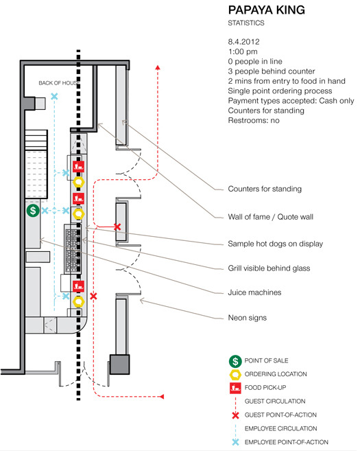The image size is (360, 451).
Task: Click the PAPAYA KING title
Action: (x=266, y=10)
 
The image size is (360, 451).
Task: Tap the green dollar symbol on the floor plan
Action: (x=33, y=211)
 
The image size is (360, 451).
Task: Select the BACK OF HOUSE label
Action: (x=59, y=83)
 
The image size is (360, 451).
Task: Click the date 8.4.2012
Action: (x=243, y=42)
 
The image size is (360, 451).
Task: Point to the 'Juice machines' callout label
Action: (x=254, y=292)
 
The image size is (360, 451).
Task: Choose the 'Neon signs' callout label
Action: (x=248, y=318)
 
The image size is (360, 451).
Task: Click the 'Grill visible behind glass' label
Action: (x=269, y=268)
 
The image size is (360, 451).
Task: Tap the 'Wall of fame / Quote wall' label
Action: (x=270, y=217)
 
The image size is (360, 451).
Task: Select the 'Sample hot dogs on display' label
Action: (x=275, y=244)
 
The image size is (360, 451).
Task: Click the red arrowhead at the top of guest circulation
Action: (x=158, y=67)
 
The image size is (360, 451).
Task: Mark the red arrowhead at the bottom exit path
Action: (x=162, y=397)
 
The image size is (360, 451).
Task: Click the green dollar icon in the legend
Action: (x=235, y=361)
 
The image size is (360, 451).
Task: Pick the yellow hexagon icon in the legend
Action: (x=235, y=375)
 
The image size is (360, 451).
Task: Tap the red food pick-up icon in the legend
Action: (x=235, y=388)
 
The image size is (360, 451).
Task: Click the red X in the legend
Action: (x=235, y=415)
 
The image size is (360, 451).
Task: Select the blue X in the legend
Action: (x=235, y=442)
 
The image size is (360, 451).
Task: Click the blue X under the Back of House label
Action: (x=54, y=96)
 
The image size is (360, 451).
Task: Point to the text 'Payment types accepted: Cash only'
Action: (x=291, y=101)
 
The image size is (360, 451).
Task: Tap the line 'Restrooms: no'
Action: (x=254, y=120)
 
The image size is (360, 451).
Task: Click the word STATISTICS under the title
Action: (x=246, y=23)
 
